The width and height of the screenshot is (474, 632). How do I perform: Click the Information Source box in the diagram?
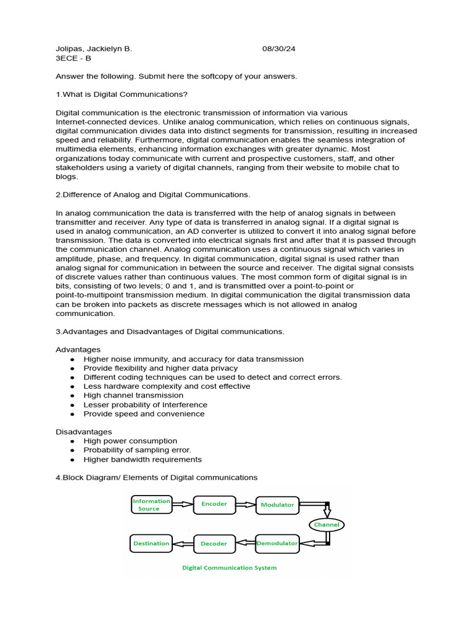(x=150, y=505)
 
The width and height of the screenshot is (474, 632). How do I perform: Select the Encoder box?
(x=214, y=504)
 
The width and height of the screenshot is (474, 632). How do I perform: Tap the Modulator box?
(x=277, y=505)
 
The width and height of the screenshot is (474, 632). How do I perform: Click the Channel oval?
(x=326, y=525)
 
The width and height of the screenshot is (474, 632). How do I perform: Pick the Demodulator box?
(x=277, y=544)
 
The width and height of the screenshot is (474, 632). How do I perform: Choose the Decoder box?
(x=214, y=544)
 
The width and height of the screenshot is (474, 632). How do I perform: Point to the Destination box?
(x=151, y=544)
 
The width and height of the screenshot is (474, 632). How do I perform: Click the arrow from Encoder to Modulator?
(x=246, y=504)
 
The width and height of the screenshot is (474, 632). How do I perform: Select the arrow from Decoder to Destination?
(x=182, y=544)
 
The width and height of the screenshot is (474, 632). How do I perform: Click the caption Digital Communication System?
(x=229, y=568)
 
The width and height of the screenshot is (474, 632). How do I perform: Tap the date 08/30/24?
(x=279, y=49)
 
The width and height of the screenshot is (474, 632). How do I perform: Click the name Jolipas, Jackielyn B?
(x=94, y=49)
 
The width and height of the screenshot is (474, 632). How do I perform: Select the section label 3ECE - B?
(x=73, y=58)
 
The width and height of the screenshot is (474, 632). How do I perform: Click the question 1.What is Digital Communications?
(x=122, y=94)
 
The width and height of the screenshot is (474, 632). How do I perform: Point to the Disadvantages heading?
(x=84, y=432)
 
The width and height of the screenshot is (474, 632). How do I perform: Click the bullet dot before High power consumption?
(x=73, y=441)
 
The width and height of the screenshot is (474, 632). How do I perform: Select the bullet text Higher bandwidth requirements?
(x=143, y=459)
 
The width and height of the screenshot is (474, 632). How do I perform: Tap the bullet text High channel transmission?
(x=133, y=395)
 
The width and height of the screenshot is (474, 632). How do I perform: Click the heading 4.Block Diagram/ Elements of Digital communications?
(x=157, y=478)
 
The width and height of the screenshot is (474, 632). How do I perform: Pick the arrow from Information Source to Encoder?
(x=182, y=504)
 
